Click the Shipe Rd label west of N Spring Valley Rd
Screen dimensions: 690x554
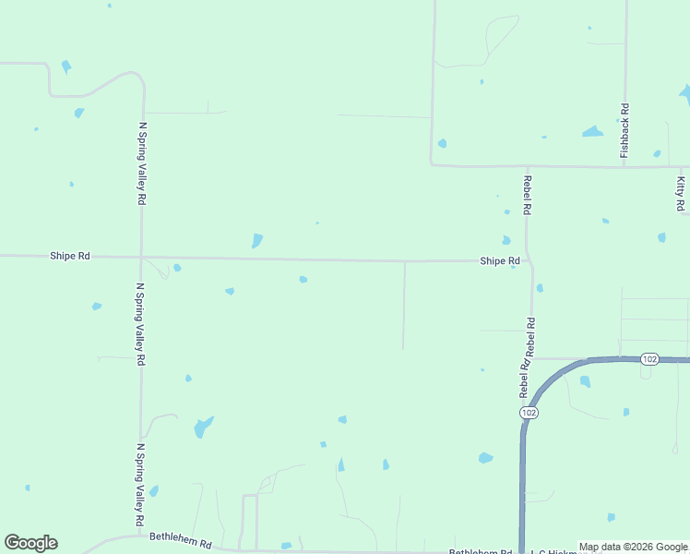tap(70, 256)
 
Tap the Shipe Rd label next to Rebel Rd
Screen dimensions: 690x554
tap(499, 261)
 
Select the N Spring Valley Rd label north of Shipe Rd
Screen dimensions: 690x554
tap(142, 163)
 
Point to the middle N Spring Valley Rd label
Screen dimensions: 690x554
tap(140, 324)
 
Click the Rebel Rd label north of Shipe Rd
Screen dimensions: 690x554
tap(527, 195)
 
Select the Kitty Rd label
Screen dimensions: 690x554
tap(681, 193)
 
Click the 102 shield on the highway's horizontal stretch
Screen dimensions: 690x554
tap(648, 358)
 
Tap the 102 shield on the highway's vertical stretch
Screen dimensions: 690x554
tap(528, 413)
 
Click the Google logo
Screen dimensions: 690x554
tap(30, 543)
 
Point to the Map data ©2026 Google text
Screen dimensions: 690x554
tap(633, 548)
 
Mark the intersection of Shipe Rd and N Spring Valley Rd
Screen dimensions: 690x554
tap(141, 257)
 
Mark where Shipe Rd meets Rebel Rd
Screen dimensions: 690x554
tap(528, 261)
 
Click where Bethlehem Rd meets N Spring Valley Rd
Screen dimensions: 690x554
tap(140, 535)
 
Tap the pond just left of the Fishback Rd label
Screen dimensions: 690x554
tap(592, 132)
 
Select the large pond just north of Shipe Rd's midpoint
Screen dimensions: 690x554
tap(257, 240)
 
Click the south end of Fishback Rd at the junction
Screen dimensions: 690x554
tap(625, 167)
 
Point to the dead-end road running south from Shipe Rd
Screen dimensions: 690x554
tap(404, 305)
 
